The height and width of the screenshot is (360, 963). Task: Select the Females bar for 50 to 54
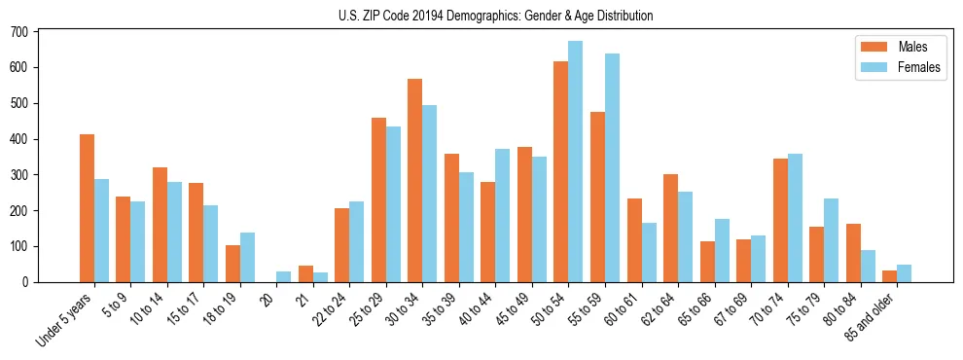point(576,162)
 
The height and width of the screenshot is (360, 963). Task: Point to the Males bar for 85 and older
point(889,276)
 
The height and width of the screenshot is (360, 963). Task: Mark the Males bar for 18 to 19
point(232,264)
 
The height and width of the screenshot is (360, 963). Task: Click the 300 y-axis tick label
point(20,175)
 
